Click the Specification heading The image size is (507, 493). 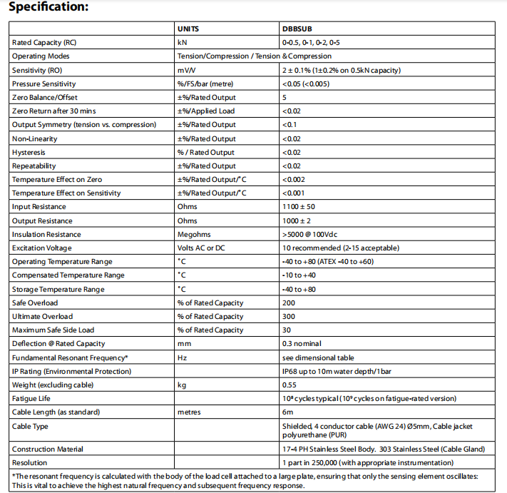tap(48, 8)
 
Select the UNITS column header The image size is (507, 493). tap(188, 29)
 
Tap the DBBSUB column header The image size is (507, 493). tap(297, 29)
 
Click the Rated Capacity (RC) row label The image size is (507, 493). tap(44, 43)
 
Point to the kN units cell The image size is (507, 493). tap(182, 43)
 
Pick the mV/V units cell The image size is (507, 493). tap(187, 70)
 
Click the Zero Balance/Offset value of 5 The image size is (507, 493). tap(285, 98)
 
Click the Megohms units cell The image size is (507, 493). tap(193, 234)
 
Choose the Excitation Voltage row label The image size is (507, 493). tap(42, 248)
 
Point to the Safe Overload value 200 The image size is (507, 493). tap(288, 303)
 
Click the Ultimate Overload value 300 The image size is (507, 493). tap(288, 316)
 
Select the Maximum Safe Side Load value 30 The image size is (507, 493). tap(286, 330)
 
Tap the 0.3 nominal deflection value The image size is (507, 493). tap(302, 343)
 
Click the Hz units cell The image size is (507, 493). tap(181, 357)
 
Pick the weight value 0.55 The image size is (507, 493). tap(289, 385)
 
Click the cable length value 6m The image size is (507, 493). tap(287, 412)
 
